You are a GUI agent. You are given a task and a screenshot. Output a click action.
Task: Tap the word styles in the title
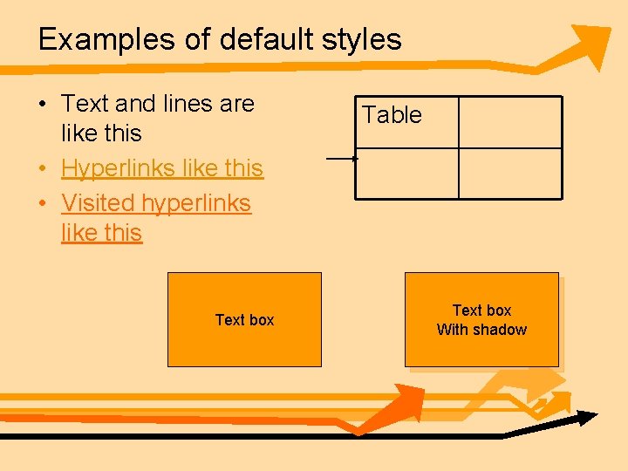(360, 40)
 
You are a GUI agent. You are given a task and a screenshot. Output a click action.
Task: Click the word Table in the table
(392, 115)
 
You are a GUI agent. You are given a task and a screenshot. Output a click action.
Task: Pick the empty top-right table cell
(510, 122)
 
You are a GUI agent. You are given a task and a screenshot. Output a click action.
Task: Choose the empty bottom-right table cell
(510, 174)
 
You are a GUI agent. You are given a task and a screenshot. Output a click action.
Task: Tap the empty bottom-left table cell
(407, 174)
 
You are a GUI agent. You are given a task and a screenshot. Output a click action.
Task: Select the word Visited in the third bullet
(97, 202)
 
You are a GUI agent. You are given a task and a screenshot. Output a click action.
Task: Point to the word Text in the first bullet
(85, 104)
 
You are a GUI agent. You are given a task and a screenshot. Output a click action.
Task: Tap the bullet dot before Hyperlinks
(42, 168)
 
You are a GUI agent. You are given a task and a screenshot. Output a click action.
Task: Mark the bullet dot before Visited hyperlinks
(42, 203)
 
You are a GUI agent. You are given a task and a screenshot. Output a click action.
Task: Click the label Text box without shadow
(244, 320)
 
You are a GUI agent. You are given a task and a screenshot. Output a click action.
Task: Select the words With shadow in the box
(481, 330)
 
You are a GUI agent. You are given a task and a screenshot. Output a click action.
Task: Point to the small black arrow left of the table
(342, 159)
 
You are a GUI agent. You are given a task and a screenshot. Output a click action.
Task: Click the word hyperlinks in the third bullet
(196, 202)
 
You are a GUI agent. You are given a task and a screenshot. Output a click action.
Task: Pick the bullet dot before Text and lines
(42, 105)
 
